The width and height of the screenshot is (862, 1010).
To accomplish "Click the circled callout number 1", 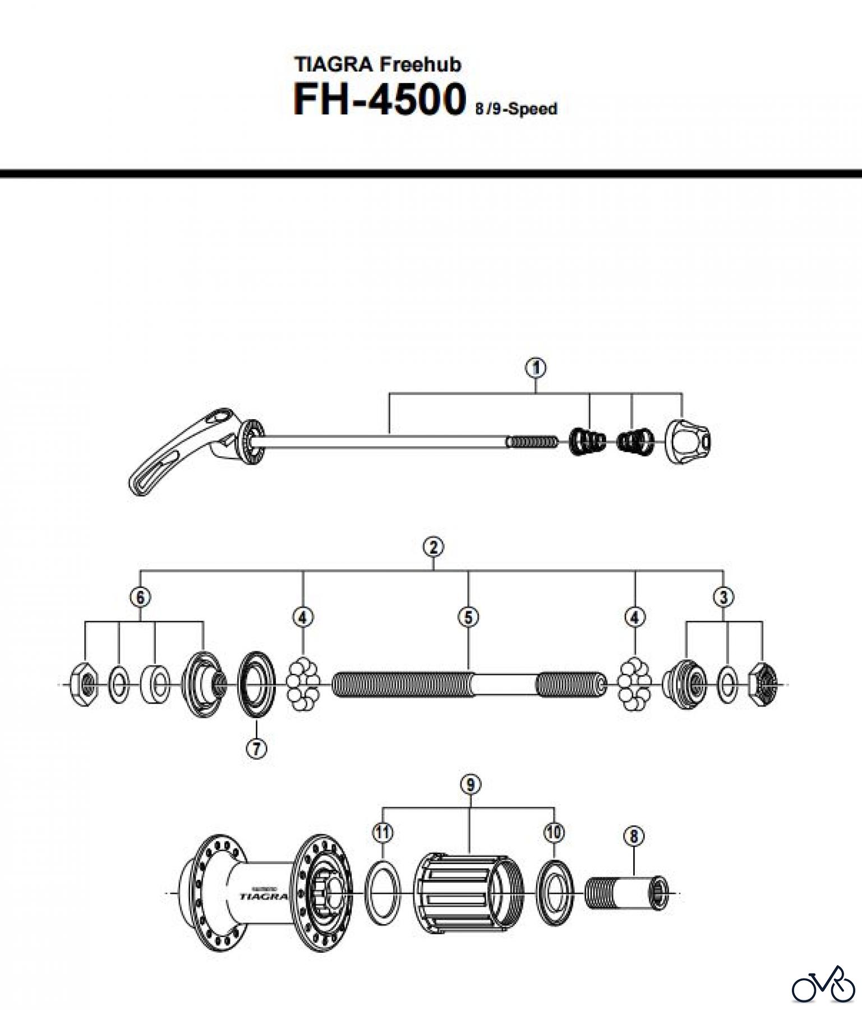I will (x=536, y=368).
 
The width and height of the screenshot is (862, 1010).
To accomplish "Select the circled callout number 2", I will (x=434, y=547).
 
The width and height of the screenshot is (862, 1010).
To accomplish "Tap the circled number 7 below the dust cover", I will (x=256, y=749).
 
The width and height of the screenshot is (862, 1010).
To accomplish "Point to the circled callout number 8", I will (x=634, y=836).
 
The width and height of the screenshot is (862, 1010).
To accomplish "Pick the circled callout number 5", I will (x=468, y=617).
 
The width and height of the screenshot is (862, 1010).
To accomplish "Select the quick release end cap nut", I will (x=688, y=440).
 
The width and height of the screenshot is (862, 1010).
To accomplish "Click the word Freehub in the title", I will (x=420, y=65).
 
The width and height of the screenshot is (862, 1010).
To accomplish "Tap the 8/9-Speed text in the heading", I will (x=516, y=109).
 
